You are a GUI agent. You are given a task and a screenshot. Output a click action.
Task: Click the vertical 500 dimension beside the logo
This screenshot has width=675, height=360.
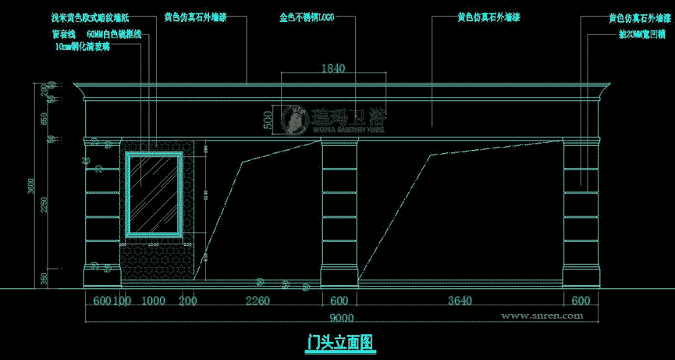[x=268, y=120]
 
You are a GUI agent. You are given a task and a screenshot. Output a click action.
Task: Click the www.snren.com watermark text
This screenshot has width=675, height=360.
[x=542, y=315]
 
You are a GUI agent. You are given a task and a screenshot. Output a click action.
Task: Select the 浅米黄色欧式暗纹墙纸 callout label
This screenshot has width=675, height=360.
[x=94, y=16]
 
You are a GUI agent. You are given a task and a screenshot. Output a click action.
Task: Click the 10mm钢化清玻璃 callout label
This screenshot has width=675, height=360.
[x=83, y=47]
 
